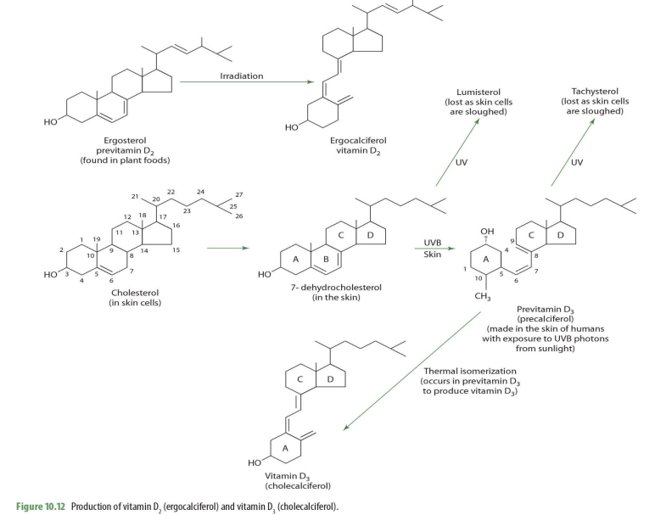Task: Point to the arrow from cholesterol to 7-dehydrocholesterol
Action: coord(227,249)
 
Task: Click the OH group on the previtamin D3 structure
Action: coord(486,232)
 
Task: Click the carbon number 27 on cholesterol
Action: coord(239,194)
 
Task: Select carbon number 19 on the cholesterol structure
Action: coord(98,240)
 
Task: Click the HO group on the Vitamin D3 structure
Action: coord(255,463)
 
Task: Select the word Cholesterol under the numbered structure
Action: coord(136,293)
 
